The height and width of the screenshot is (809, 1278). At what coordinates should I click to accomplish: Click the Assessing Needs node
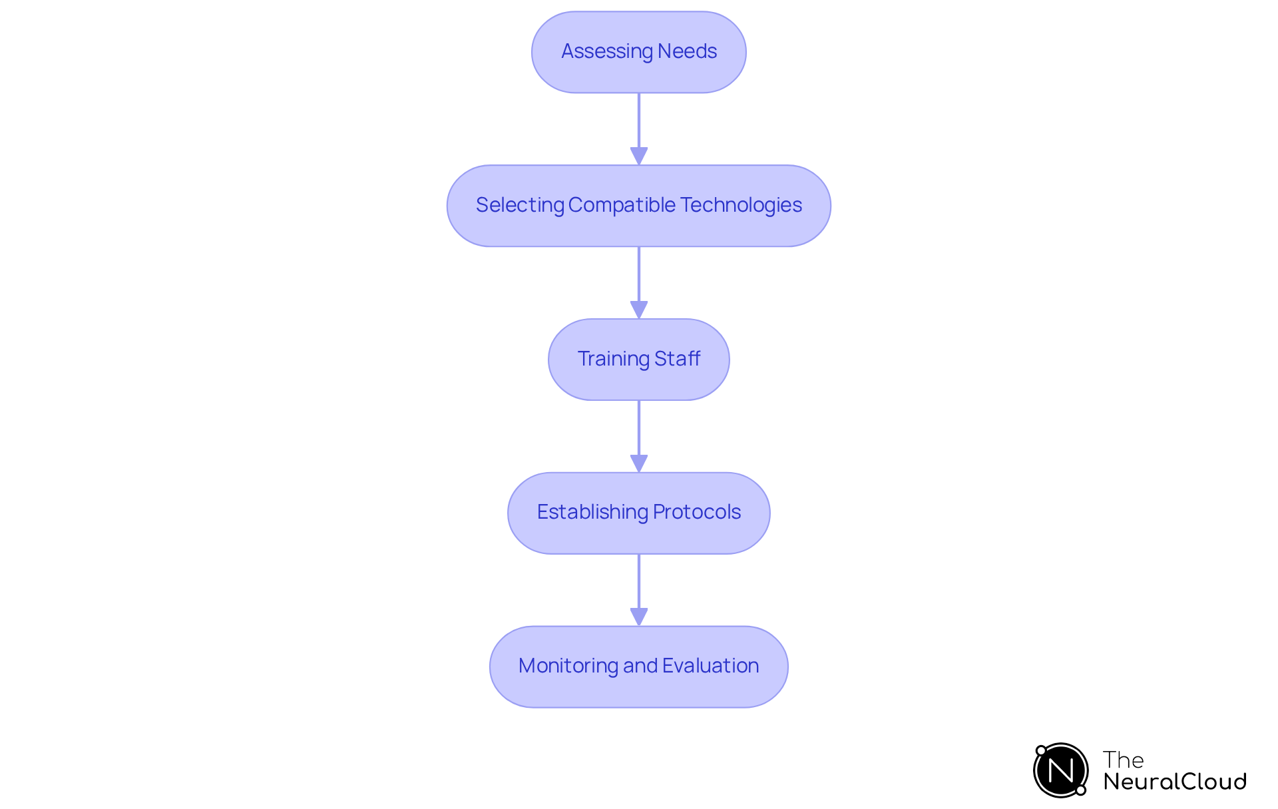coord(638,52)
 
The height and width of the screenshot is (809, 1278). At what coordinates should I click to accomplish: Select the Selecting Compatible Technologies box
coord(638,206)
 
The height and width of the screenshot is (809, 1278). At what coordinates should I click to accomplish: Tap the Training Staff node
coord(638,360)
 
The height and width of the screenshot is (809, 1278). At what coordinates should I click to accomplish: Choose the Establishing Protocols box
coord(638,513)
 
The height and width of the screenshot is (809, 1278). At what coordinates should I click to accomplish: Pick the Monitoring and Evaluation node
coord(638,667)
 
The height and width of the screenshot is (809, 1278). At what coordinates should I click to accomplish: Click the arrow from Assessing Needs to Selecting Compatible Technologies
coord(639,129)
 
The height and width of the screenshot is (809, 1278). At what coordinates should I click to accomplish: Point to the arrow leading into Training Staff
coord(639,282)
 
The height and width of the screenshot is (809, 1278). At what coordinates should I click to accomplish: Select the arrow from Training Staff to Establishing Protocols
coord(639,436)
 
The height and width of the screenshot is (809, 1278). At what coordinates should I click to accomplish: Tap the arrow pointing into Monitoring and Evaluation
coord(639,589)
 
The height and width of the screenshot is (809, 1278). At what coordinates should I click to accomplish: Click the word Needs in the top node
coord(687,51)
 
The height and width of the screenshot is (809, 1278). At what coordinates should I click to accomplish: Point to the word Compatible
coord(622,205)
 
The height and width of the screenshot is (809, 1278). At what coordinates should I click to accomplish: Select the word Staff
coord(677,359)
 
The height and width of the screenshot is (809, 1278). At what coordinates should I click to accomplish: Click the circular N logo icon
coord(1060,770)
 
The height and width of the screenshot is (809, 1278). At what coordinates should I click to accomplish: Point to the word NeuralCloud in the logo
coord(1175,782)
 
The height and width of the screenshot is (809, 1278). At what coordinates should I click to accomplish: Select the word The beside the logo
coord(1123,760)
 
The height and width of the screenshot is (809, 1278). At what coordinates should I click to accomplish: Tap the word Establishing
coord(592,512)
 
